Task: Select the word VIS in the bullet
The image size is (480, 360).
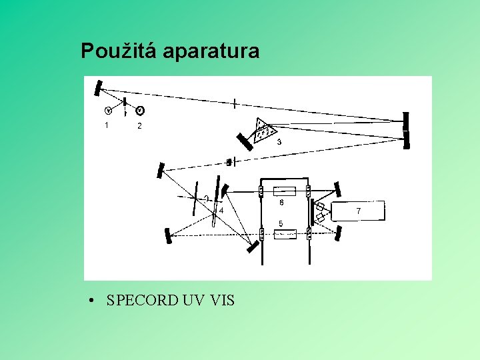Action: click(221, 301)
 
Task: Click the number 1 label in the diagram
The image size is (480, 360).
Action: click(106, 125)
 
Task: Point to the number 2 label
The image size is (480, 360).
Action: click(139, 125)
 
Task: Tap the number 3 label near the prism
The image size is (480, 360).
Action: click(279, 142)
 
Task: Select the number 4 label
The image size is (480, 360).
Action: click(221, 210)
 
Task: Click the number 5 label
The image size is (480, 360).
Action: click(281, 223)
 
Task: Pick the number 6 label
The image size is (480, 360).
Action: click(281, 202)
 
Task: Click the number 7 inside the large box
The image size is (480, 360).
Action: click(358, 211)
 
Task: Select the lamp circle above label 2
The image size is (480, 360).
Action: click(141, 111)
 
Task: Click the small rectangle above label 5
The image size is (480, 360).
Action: click(285, 234)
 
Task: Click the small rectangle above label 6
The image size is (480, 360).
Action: click(285, 191)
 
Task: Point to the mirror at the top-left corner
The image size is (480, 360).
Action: click(99, 87)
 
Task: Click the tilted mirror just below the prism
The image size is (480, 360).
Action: click(243, 143)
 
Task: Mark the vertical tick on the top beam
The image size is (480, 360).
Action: click(235, 103)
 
